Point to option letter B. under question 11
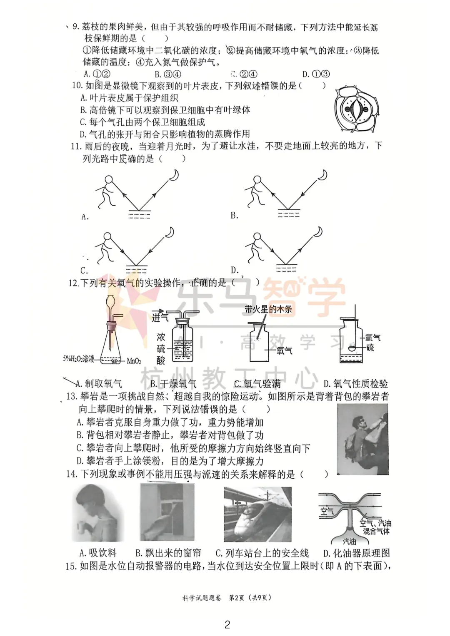click(235, 215)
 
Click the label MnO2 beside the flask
click(134, 361)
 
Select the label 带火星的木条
click(268, 309)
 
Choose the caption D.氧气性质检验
click(355, 384)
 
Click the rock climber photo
click(362, 439)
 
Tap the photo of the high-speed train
click(257, 514)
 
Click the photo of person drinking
click(98, 514)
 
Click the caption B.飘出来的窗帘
click(168, 553)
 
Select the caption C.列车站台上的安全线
click(262, 553)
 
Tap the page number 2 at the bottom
click(227, 624)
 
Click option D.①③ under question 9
click(316, 74)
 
